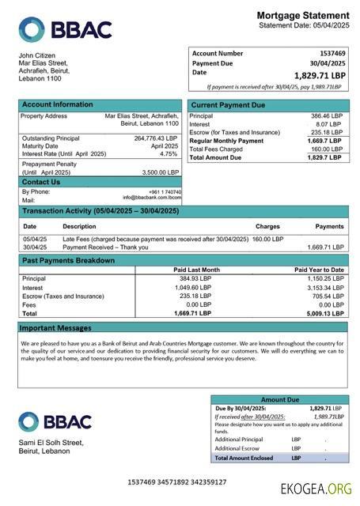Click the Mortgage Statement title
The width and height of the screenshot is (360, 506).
tap(302, 16)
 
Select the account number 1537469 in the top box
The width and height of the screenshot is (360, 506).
tap(328, 53)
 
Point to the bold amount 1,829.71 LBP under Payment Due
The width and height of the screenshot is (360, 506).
tap(320, 75)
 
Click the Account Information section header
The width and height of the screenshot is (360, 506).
tap(57, 105)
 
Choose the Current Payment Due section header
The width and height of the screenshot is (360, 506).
tap(229, 105)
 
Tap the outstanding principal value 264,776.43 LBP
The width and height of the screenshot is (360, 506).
tap(156, 138)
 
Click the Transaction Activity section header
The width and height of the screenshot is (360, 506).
tap(100, 212)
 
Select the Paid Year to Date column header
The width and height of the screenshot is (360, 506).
tap(319, 270)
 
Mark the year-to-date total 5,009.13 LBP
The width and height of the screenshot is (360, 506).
tap(324, 313)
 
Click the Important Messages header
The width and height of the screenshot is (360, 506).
tap(55, 327)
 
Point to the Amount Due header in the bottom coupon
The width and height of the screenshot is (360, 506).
tap(279, 400)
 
